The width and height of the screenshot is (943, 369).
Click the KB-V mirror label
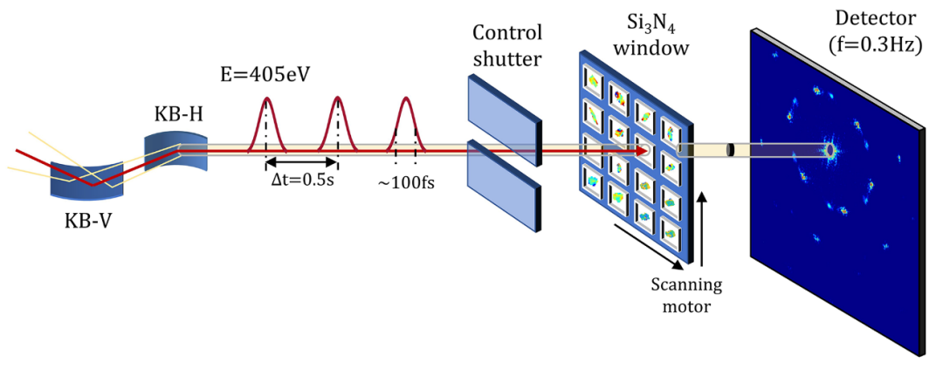click(88, 221)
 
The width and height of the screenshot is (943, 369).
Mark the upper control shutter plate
click(505, 114)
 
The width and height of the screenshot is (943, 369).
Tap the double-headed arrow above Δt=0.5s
click(301, 161)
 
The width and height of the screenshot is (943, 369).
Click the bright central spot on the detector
click(829, 150)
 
